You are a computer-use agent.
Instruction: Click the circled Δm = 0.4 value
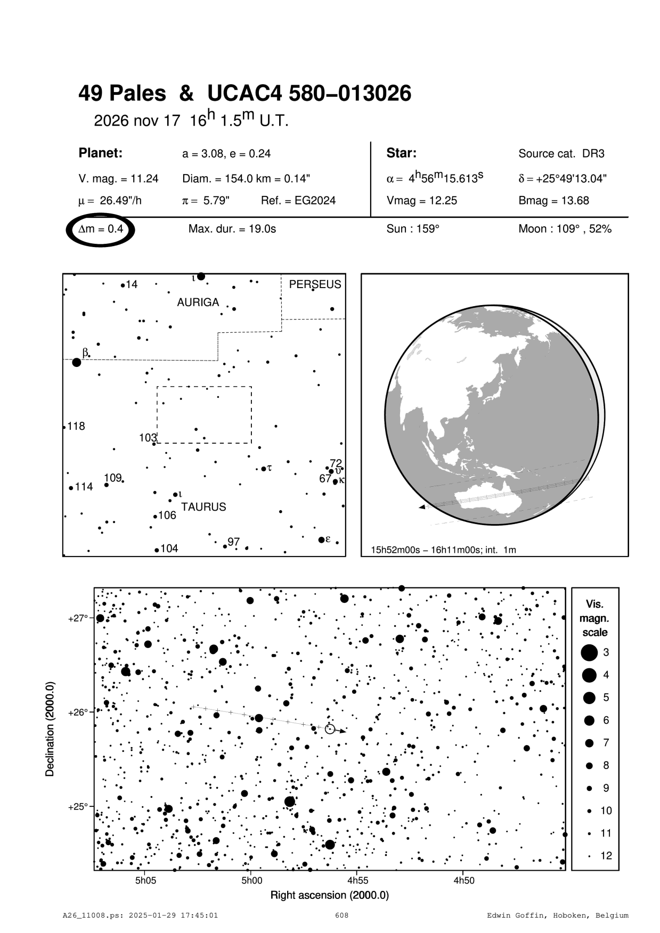(x=101, y=230)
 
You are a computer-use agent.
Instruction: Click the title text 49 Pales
(x=122, y=94)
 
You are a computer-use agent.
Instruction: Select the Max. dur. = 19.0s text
(x=232, y=230)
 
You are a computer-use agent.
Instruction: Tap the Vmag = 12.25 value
(x=421, y=201)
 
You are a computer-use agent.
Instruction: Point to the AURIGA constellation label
(x=198, y=302)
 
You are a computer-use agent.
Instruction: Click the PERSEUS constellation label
(x=315, y=284)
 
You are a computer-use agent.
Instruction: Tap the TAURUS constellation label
(x=203, y=507)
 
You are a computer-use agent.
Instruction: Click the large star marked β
(x=77, y=362)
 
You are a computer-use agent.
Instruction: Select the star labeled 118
(x=64, y=427)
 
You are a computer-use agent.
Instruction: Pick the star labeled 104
(x=157, y=550)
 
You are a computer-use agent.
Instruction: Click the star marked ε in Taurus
(x=321, y=539)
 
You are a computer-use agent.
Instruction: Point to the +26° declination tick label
(x=77, y=712)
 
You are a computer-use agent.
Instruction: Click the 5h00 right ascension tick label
(x=251, y=881)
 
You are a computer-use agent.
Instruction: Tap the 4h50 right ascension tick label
(x=463, y=881)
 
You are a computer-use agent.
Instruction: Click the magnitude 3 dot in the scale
(x=589, y=652)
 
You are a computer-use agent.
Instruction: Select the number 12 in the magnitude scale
(x=606, y=856)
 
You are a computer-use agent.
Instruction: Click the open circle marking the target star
(x=330, y=729)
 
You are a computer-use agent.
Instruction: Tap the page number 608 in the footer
(x=341, y=915)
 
